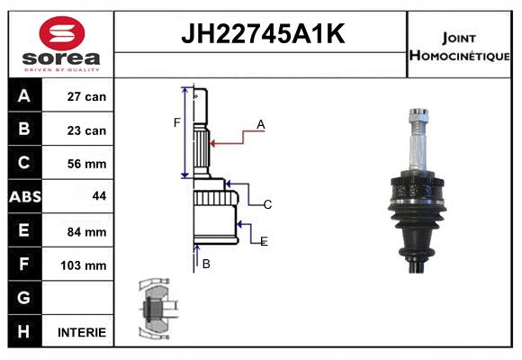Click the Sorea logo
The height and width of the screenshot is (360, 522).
(61, 45)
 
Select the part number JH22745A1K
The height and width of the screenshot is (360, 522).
(261, 34)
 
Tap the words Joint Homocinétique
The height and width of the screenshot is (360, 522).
(460, 46)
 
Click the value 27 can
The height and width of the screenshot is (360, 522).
(86, 96)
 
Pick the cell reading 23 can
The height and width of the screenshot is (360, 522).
(86, 130)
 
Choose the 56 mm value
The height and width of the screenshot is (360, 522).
(86, 164)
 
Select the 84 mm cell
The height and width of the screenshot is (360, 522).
(86, 231)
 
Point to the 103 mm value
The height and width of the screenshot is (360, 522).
(86, 265)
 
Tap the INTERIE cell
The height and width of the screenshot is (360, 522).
(82, 332)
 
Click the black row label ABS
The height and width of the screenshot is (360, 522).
(24, 197)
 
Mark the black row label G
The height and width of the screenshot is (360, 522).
(24, 298)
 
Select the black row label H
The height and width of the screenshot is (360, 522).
(24, 331)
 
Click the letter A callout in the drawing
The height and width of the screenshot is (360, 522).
(260, 125)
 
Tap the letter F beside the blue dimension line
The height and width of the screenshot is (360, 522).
(177, 122)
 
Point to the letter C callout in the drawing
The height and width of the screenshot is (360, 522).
(267, 205)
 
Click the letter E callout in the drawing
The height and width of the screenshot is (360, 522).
(264, 241)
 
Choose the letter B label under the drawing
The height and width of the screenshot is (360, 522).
(206, 264)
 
